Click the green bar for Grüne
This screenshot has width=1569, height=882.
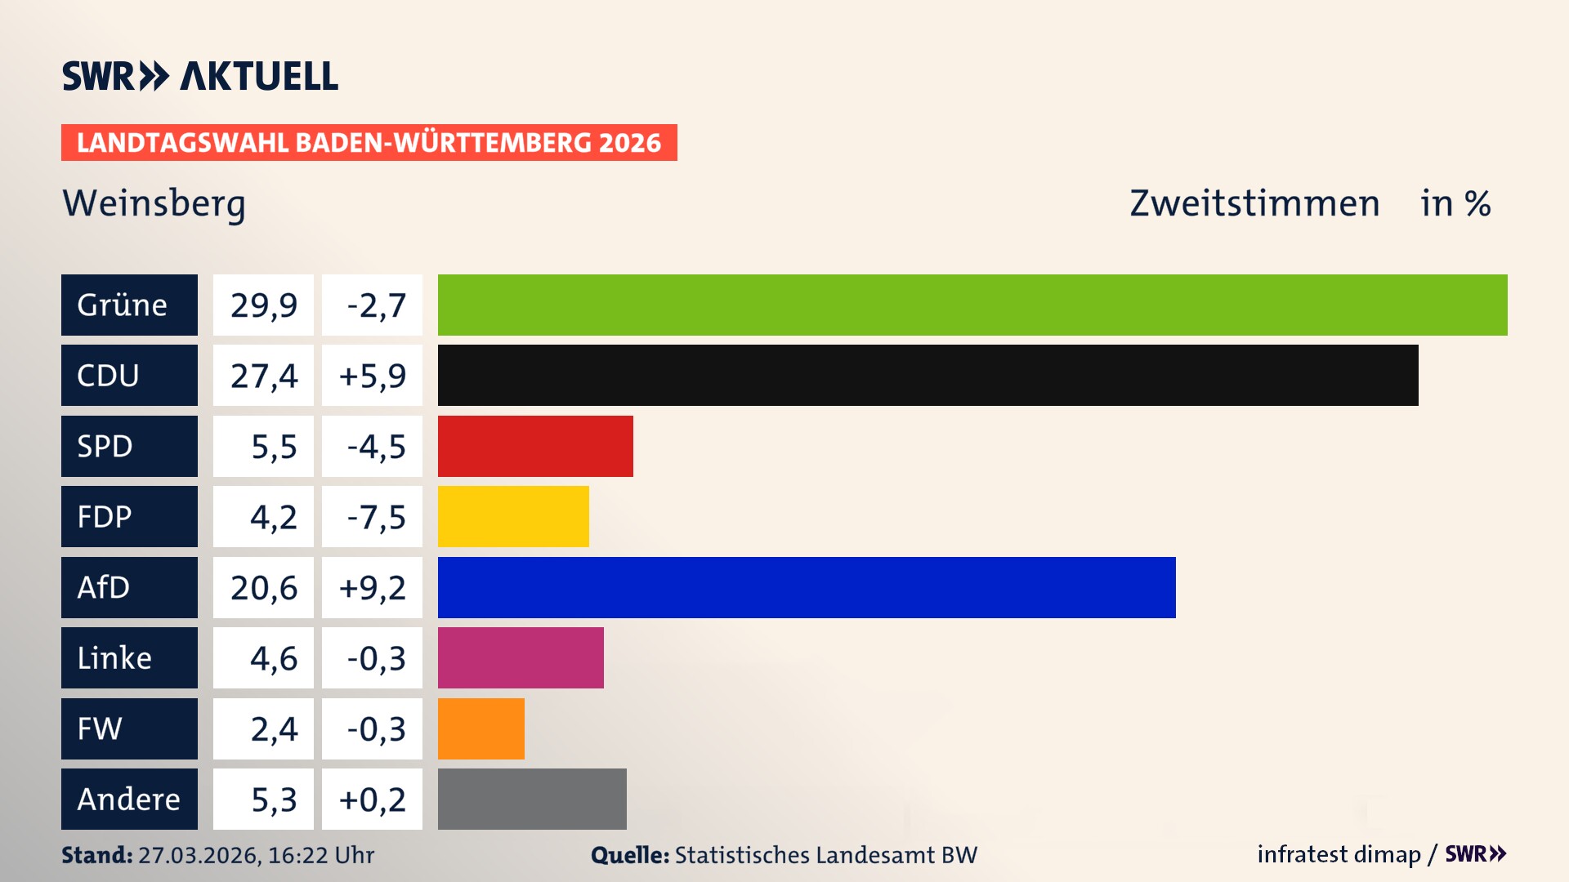point(972,305)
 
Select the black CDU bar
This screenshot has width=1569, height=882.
point(928,375)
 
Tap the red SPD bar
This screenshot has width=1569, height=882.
point(535,446)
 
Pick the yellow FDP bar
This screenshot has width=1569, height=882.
point(513,516)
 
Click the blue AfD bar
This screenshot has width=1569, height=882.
point(807,587)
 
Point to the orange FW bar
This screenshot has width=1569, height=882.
point(481,728)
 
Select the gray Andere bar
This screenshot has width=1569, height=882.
point(532,799)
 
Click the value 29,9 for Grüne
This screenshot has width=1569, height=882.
point(263,305)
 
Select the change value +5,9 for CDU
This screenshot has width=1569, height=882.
point(372,375)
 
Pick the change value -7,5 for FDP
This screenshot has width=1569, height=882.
point(375,516)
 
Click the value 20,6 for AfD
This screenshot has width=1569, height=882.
point(263,587)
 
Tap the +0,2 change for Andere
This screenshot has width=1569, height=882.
point(372,799)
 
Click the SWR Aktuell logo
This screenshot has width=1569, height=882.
point(199,76)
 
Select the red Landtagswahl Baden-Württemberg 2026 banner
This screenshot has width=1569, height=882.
point(369,142)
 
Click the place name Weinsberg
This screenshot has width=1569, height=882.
point(154,203)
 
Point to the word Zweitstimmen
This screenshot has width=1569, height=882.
point(1254,203)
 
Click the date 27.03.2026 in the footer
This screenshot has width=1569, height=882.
point(199,855)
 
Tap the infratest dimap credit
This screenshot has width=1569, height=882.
point(1339,854)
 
